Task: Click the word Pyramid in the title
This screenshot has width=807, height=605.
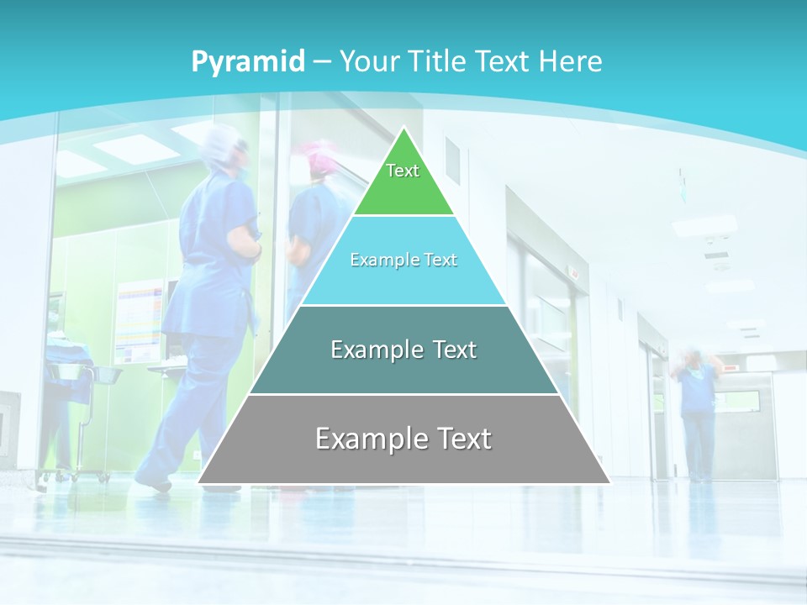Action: (x=247, y=62)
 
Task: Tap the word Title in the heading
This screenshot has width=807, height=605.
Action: (x=437, y=61)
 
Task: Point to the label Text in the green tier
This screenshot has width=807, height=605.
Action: (x=403, y=171)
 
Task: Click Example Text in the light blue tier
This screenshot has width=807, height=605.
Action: (x=403, y=260)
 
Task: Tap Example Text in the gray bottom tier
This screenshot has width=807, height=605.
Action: (x=403, y=438)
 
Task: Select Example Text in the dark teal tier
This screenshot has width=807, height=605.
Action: (x=403, y=350)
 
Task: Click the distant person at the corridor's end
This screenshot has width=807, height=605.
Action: (x=697, y=412)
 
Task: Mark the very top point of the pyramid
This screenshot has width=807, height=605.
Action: (x=404, y=128)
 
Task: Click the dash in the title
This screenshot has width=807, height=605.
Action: (x=322, y=62)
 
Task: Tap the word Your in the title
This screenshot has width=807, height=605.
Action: (x=367, y=61)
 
